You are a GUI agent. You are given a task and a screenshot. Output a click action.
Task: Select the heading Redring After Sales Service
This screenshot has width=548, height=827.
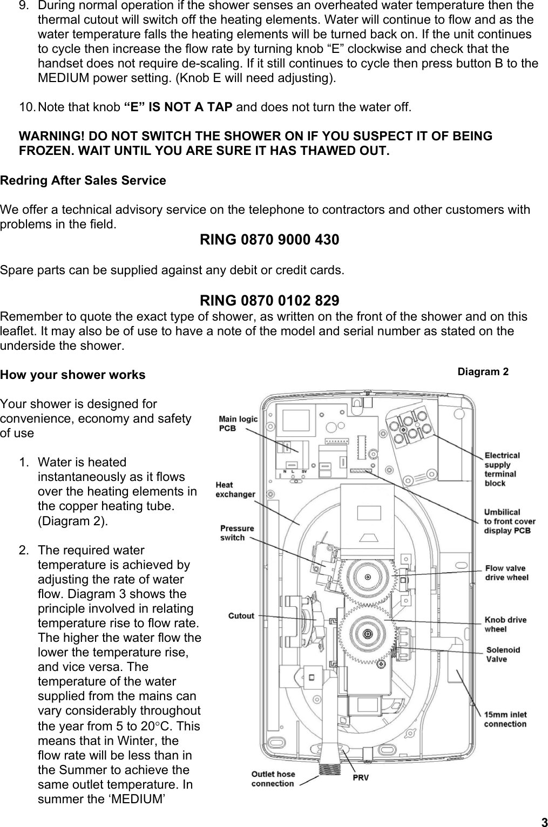pyautogui.click(x=83, y=180)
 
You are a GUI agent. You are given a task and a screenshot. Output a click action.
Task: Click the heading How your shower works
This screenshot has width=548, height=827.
pyautogui.click(x=73, y=375)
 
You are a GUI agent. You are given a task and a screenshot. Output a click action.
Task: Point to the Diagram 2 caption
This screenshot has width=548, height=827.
pyautogui.click(x=483, y=371)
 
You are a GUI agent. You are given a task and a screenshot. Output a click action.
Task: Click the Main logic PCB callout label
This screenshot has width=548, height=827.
pyautogui.click(x=238, y=423)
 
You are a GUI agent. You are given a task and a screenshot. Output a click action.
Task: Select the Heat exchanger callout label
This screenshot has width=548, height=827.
pyautogui.click(x=235, y=489)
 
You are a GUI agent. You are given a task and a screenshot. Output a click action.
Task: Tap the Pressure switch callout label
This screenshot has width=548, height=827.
pyautogui.click(x=236, y=533)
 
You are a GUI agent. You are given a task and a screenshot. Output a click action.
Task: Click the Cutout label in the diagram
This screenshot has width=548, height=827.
pyautogui.click(x=241, y=615)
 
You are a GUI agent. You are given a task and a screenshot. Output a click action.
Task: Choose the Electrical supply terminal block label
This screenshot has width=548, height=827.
pyautogui.click(x=502, y=469)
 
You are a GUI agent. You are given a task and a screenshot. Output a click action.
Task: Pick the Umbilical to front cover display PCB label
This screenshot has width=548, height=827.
pyautogui.click(x=509, y=521)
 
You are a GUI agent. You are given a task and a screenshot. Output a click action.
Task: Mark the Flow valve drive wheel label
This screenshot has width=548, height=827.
pyautogui.click(x=506, y=572)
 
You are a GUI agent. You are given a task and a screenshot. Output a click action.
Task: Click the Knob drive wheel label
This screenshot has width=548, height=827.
pyautogui.click(x=505, y=624)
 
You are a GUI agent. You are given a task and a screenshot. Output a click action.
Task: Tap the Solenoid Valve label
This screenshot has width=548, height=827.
pyautogui.click(x=503, y=654)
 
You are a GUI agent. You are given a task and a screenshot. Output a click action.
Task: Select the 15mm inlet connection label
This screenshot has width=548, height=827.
pyautogui.click(x=505, y=719)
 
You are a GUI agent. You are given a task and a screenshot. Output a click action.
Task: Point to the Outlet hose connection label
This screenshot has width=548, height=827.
pyautogui.click(x=273, y=778)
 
